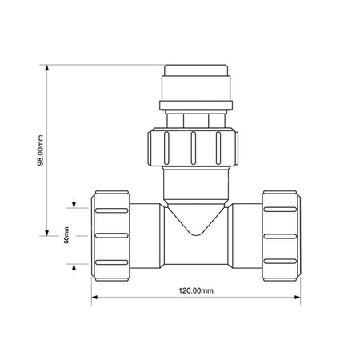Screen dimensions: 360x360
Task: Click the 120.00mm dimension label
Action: (x=196, y=290)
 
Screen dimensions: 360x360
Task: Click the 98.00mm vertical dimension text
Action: (x=40, y=150)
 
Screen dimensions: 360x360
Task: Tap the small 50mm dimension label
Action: (x=66, y=235)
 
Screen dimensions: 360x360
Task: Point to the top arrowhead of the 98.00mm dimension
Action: (x=47, y=68)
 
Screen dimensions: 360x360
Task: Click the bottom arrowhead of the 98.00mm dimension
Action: (x=47, y=233)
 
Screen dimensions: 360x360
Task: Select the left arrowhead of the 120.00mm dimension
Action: (x=94, y=297)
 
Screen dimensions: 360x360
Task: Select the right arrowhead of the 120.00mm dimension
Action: (x=297, y=297)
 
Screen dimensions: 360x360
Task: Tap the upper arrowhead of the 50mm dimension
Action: (x=74, y=205)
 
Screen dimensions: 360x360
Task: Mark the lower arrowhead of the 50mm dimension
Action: (x=74, y=267)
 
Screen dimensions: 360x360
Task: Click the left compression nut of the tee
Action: (x=110, y=236)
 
